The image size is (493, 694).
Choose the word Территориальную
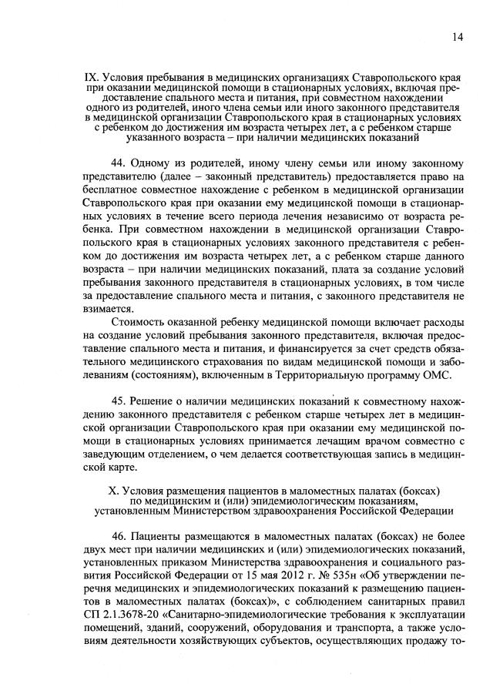tap(341, 375)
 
